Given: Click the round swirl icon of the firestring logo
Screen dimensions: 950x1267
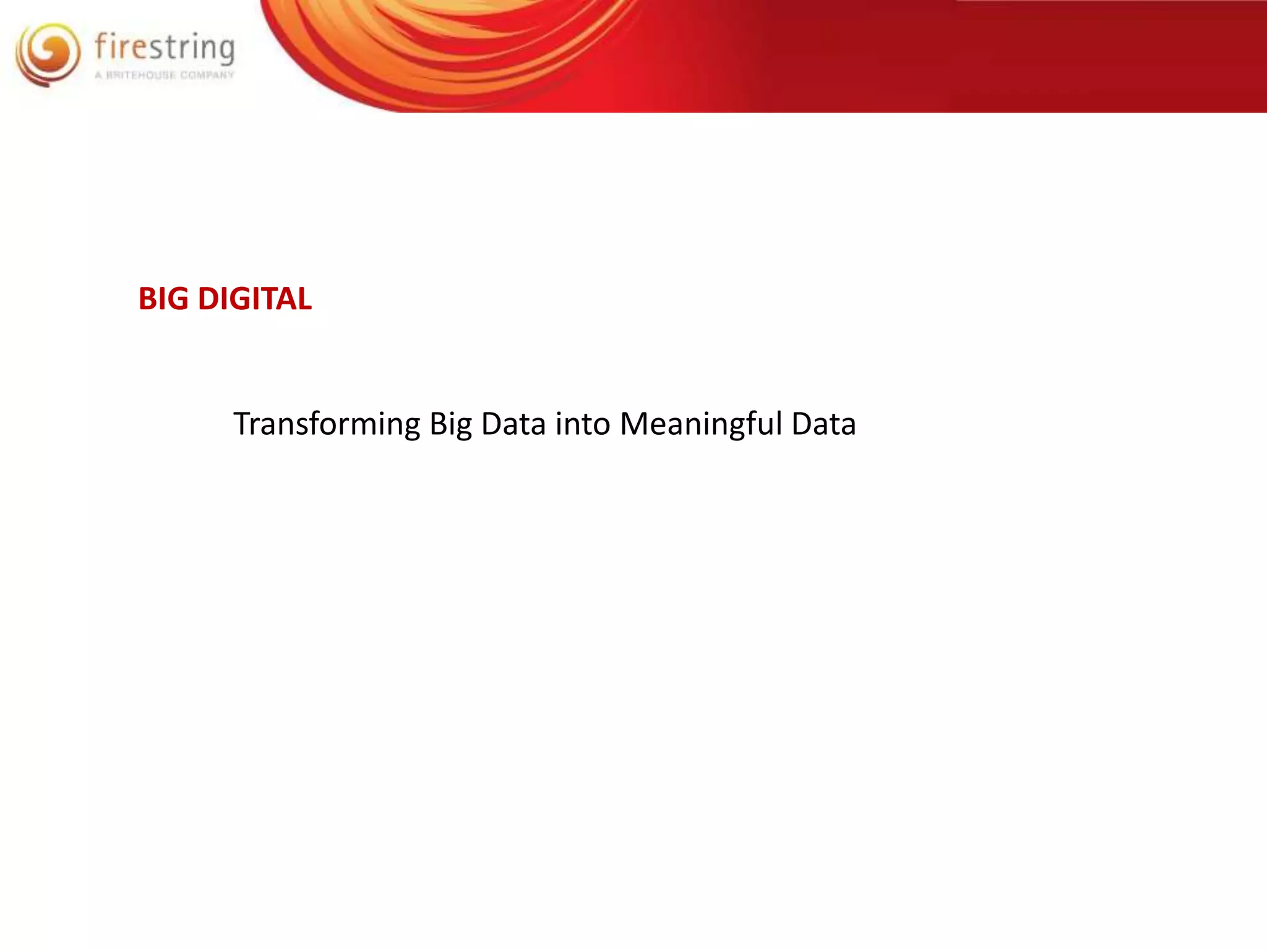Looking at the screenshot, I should pos(48,54).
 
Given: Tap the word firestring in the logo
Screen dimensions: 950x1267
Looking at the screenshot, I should pos(165,48).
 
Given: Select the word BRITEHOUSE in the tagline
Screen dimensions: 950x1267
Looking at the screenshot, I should pos(140,75).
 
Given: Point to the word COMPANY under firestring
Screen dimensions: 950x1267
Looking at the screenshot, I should pos(207,75).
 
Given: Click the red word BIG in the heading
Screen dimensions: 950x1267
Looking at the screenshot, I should pos(163,299).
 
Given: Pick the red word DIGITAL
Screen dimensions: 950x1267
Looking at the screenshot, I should pos(255,299).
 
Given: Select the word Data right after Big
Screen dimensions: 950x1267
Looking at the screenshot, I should pos(513,424).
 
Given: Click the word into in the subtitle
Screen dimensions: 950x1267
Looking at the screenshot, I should pos(583,424).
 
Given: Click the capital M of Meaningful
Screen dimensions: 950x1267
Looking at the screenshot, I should pos(634,424).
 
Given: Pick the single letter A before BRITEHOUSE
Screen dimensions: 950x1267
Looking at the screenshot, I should pos(98,75).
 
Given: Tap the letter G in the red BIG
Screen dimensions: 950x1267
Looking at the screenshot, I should pos(179,299).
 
